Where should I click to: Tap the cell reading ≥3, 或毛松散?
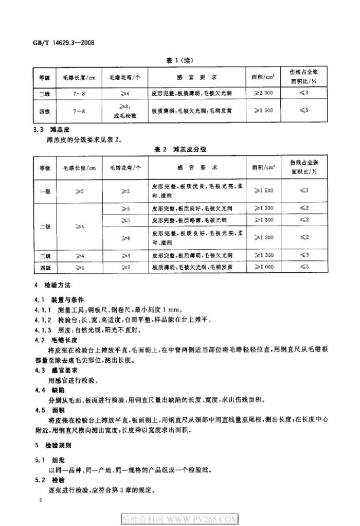pos(125,111)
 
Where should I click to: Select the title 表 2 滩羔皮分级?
pos(179,148)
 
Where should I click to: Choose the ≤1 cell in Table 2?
pos(303,190)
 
